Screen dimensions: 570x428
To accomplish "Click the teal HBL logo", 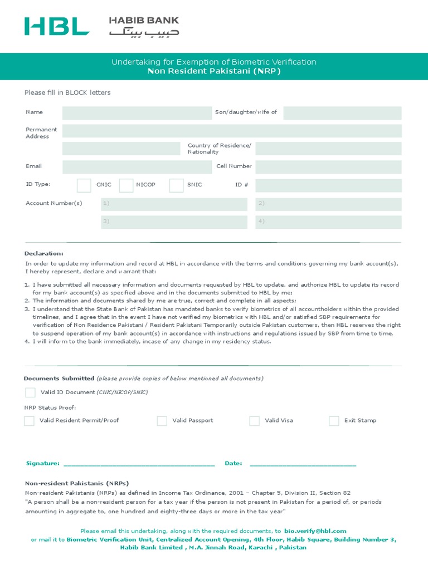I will [56, 26].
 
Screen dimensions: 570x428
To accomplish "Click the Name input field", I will [137, 113].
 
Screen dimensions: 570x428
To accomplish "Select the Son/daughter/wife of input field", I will [342, 113].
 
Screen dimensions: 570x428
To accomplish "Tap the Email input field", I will [137, 167].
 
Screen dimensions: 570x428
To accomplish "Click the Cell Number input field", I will [328, 167].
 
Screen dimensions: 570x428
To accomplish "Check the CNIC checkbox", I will [84, 185].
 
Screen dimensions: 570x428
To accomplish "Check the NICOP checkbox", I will [126, 185].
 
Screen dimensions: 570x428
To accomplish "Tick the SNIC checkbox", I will [176, 185].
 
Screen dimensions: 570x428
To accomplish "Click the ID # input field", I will [328, 185].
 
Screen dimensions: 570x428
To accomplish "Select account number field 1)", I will [174, 204].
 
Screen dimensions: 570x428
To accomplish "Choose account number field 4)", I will [328, 222].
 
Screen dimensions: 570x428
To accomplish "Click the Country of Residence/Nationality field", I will [328, 149].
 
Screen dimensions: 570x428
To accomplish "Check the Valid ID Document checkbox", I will [30, 392].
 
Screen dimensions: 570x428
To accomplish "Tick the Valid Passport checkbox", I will [162, 421].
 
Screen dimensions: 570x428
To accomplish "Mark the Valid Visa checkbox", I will [254, 421].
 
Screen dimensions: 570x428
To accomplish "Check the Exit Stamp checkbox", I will [334, 421].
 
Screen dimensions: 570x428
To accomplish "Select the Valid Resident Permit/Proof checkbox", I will [29, 421].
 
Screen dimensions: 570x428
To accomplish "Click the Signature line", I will [139, 463].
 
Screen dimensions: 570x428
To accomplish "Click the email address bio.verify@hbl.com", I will [315, 532].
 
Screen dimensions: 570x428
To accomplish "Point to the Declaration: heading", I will [44, 254].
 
